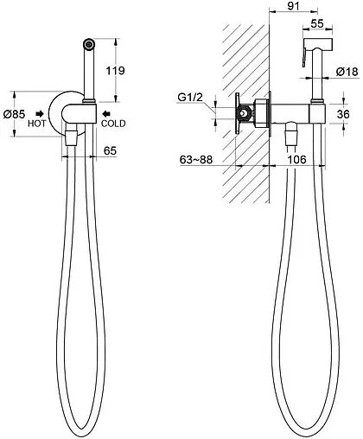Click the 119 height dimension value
point(115,70)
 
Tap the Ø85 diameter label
point(14,114)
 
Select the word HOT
point(36,124)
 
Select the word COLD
point(113,124)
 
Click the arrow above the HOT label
point(40,113)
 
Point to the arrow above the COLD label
point(106,113)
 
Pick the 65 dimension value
point(110,150)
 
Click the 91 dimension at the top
point(293,6)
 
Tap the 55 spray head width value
point(317,23)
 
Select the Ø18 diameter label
point(347,72)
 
